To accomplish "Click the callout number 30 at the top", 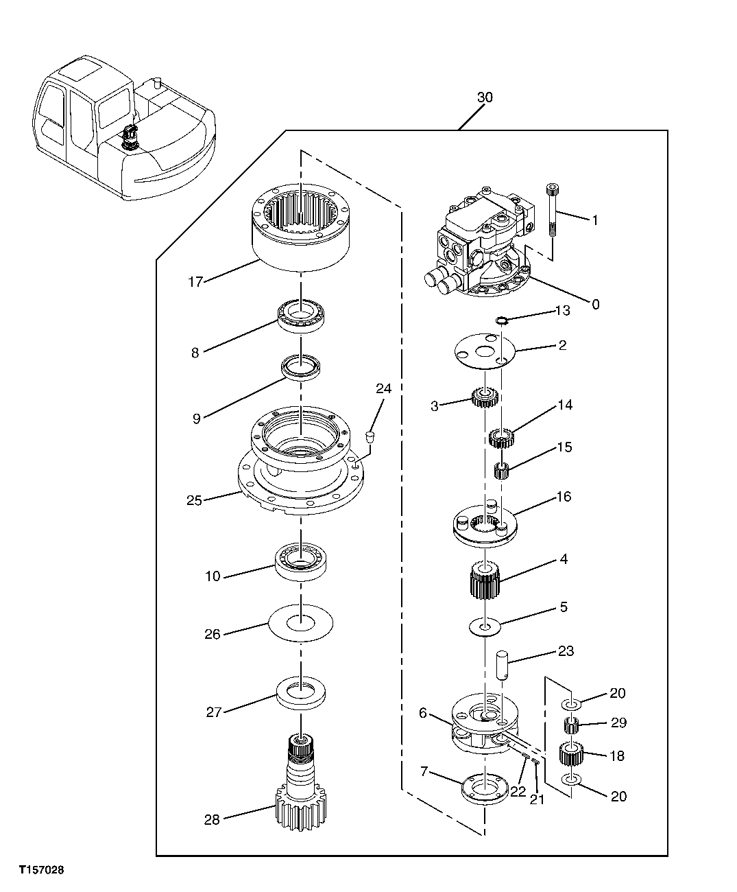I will [x=484, y=98].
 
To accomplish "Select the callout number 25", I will [x=194, y=500].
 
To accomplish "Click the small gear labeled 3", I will [x=484, y=398].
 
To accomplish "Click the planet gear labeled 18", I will [x=570, y=755].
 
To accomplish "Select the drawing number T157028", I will [x=41, y=870].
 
